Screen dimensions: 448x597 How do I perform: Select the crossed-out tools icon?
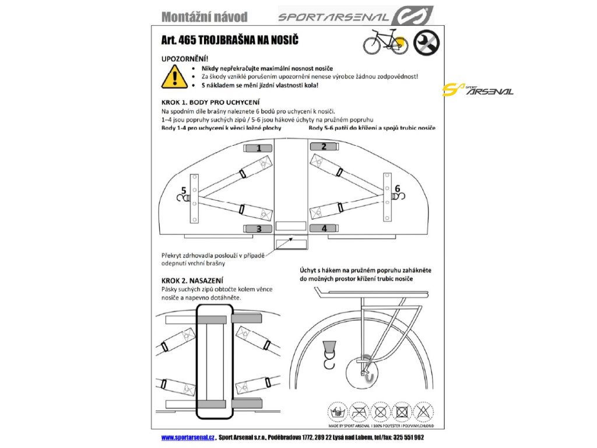pos(427,42)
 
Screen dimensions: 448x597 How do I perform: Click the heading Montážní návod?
pos(204,16)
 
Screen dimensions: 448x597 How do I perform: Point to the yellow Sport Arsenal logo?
pos(477,90)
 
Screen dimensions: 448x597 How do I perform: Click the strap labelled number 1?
pos(259,149)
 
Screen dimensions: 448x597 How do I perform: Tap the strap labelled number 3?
pos(259,229)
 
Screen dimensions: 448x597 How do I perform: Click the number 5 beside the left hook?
pos(184,190)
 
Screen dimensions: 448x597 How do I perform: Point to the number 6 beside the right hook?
pos(398,188)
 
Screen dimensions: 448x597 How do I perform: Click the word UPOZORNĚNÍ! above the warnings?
pos(184,59)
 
